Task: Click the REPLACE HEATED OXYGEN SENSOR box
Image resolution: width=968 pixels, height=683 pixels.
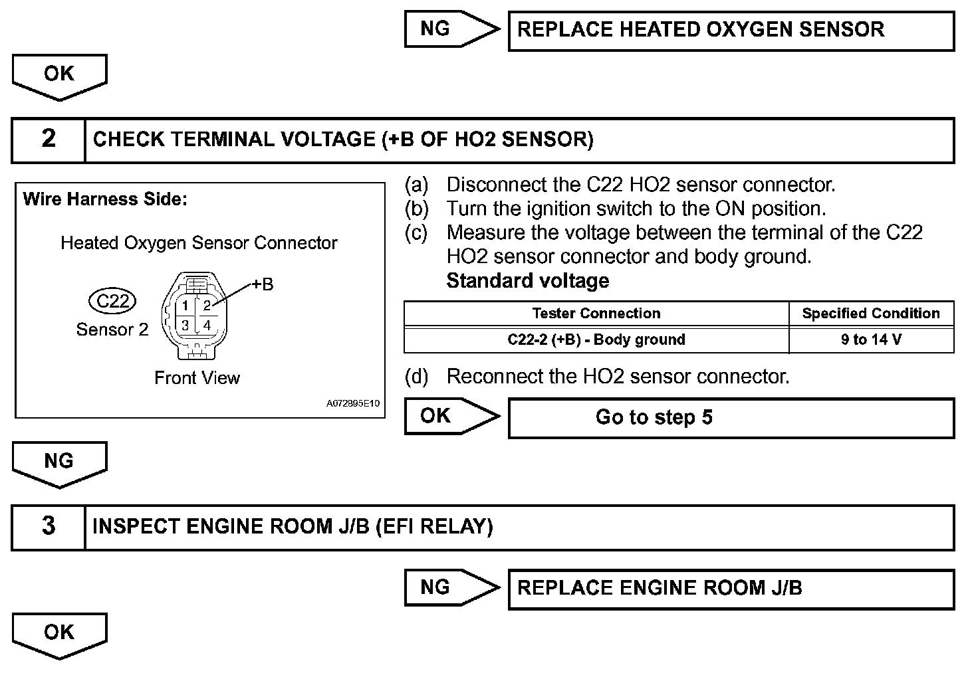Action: [731, 31]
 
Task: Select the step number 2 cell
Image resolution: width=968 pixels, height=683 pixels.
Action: [49, 140]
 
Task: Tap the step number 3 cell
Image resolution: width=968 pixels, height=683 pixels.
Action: [49, 527]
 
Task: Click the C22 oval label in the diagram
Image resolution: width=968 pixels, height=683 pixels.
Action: [113, 302]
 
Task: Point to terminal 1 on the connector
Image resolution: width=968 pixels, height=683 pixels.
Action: [185, 306]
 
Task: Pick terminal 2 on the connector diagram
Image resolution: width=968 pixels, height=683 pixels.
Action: [207, 306]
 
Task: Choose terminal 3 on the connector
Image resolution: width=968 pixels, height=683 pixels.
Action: [185, 325]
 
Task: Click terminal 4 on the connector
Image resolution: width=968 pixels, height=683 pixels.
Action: [207, 325]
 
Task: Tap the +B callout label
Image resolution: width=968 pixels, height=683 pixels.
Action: [263, 284]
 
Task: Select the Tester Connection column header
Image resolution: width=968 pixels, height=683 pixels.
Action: [596, 314]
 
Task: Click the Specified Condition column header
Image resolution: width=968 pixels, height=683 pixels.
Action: [871, 314]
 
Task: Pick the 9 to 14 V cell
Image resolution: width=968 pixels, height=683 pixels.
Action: [871, 340]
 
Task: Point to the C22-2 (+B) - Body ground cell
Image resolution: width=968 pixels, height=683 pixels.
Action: [596, 340]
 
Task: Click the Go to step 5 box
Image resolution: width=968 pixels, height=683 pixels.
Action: [731, 418]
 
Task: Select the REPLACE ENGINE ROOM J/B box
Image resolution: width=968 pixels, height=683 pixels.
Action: [731, 589]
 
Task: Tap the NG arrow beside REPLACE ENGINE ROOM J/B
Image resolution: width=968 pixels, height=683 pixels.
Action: [449, 587]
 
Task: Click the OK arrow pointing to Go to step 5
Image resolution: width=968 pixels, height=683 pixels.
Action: [449, 416]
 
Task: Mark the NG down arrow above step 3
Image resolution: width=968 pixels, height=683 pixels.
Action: [59, 463]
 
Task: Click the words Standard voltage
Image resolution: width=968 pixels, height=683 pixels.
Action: [527, 281]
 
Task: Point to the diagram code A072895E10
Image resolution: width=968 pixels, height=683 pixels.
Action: [352, 404]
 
